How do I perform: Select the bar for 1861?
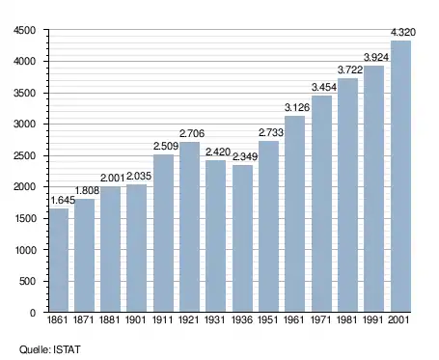point(59,261)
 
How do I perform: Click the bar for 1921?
point(189,227)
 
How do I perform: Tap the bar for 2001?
point(400,177)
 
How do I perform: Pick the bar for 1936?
point(242,238)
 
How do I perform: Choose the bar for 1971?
point(321,204)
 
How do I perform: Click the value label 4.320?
point(403,32)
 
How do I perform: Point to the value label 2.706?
point(192,133)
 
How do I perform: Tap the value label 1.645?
point(63,200)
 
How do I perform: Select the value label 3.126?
point(297,107)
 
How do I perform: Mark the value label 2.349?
point(245,156)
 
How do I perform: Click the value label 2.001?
point(112,178)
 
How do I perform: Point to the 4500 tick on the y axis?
point(24,30)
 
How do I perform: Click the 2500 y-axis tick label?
point(24,155)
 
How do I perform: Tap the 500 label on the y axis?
point(27,281)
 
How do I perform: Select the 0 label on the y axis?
point(33,313)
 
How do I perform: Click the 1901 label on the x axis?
point(135,320)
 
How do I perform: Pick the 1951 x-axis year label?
point(268,320)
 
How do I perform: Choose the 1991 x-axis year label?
point(373,320)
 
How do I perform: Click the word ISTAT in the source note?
point(67,349)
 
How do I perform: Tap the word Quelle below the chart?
point(35,349)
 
